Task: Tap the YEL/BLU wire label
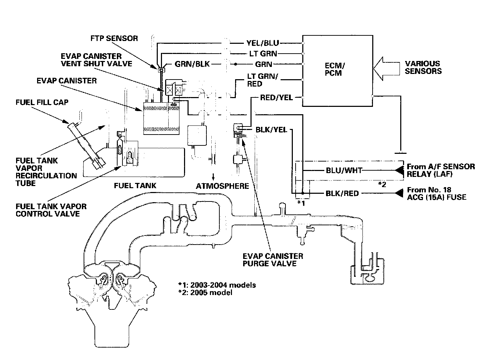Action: [x=263, y=43]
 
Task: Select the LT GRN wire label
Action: [x=263, y=54]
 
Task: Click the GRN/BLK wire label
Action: [x=192, y=64]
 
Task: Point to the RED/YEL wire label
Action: [x=276, y=97]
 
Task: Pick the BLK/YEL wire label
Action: [x=271, y=130]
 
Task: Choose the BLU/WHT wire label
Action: [x=344, y=170]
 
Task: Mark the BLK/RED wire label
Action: [x=342, y=193]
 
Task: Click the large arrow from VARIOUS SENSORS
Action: [x=387, y=69]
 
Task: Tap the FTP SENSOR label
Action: [x=114, y=38]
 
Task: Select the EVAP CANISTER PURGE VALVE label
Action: [x=273, y=260]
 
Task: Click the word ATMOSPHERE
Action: [x=222, y=186]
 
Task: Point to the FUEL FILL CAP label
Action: [x=42, y=102]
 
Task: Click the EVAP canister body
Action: [x=161, y=118]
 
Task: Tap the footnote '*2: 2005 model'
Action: [x=205, y=293]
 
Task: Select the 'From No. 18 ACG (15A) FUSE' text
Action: [x=437, y=193]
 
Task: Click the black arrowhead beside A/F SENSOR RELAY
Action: [x=400, y=170]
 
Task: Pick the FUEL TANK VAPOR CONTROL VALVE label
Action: [x=51, y=210]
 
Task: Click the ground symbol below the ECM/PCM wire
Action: [x=401, y=153]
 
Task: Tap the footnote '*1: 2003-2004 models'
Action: [x=217, y=285]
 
